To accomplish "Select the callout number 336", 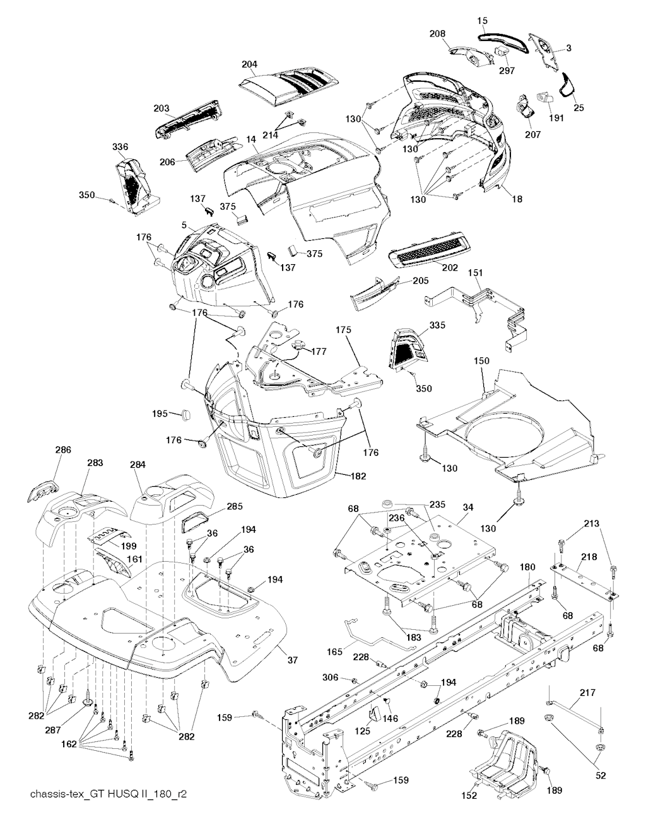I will (x=120, y=147).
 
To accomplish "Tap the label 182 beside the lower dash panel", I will (x=358, y=477).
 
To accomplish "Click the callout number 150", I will (x=482, y=360).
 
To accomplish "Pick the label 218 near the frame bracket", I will (x=589, y=557).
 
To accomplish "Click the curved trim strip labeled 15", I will (x=502, y=38).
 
